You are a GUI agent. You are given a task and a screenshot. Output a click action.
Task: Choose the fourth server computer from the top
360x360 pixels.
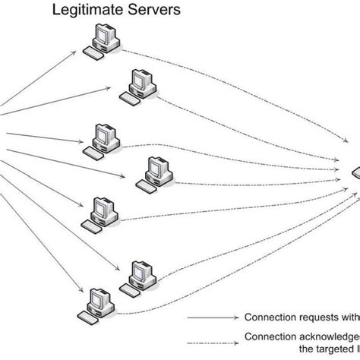pyautogui.click(x=156, y=171)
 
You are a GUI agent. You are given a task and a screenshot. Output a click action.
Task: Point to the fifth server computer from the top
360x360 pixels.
pyautogui.click(x=105, y=210)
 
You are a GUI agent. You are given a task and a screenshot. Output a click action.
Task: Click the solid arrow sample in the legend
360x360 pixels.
pyautogui.click(x=208, y=317)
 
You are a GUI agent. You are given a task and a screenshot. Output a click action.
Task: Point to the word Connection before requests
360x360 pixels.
pyautogui.click(x=268, y=317)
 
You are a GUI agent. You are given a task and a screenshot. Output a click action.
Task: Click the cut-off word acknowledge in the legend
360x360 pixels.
pyautogui.click(x=327, y=336)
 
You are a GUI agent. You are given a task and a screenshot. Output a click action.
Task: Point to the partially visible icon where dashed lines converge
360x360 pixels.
pyautogui.click(x=355, y=176)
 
